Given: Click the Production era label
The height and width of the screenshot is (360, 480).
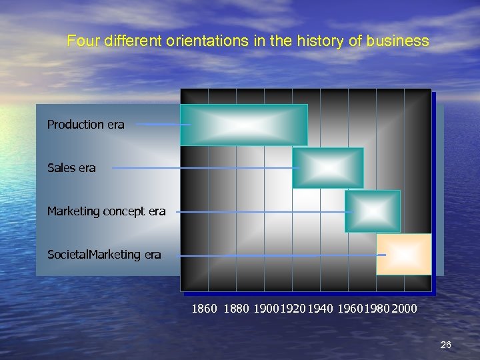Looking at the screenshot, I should click(x=85, y=125).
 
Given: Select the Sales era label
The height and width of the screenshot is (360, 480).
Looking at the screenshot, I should click(x=71, y=168).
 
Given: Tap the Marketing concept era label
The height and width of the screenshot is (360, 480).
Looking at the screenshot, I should click(x=106, y=211).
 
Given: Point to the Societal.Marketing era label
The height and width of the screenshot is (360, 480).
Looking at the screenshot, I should click(x=104, y=254).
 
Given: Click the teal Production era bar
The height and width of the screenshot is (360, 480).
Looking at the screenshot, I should click(x=244, y=125).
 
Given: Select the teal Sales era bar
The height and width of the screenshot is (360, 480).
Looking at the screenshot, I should click(x=328, y=168).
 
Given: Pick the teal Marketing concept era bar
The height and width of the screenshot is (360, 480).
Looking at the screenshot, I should click(x=372, y=211).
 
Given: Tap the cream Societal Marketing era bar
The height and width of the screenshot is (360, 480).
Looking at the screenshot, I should click(x=403, y=254).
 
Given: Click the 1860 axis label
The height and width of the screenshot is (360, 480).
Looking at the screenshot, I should click(x=204, y=309).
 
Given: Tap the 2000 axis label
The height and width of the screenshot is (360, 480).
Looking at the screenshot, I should click(x=405, y=309).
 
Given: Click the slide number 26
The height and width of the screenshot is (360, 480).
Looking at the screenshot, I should click(x=446, y=345).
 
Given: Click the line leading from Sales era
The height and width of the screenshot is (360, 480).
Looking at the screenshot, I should click(x=200, y=168).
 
